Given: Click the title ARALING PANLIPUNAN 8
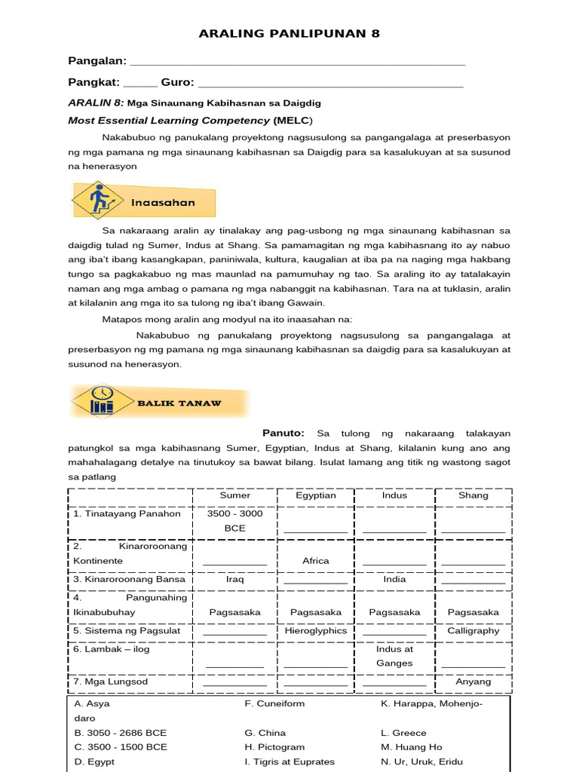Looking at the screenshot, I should (x=289, y=34).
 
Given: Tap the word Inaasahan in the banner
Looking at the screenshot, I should (x=163, y=202).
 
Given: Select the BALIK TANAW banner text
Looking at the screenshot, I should (x=179, y=403).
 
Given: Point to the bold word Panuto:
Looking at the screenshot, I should (x=283, y=433).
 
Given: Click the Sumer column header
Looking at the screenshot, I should (x=235, y=495).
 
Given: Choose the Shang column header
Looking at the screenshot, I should (x=473, y=495).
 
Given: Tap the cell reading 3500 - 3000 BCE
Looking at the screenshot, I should (x=235, y=521).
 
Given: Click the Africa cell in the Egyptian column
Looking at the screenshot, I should (x=316, y=561).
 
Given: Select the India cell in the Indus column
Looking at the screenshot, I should (x=394, y=579).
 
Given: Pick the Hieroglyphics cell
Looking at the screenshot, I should (x=316, y=630).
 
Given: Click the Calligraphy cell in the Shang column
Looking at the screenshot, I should (x=473, y=630).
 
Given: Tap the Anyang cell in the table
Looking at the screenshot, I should (x=473, y=682).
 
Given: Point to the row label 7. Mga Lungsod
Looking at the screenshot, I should (x=111, y=682).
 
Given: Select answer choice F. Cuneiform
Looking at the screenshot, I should (x=274, y=703).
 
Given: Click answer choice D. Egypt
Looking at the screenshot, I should (x=94, y=761).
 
